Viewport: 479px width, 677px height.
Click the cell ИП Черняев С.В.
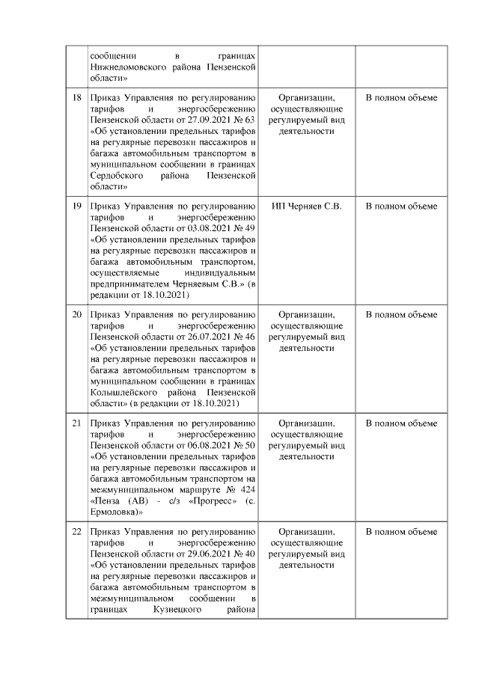click(x=307, y=206)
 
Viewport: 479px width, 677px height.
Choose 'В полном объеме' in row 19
click(x=401, y=206)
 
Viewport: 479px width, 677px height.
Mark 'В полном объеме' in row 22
click(x=401, y=532)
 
